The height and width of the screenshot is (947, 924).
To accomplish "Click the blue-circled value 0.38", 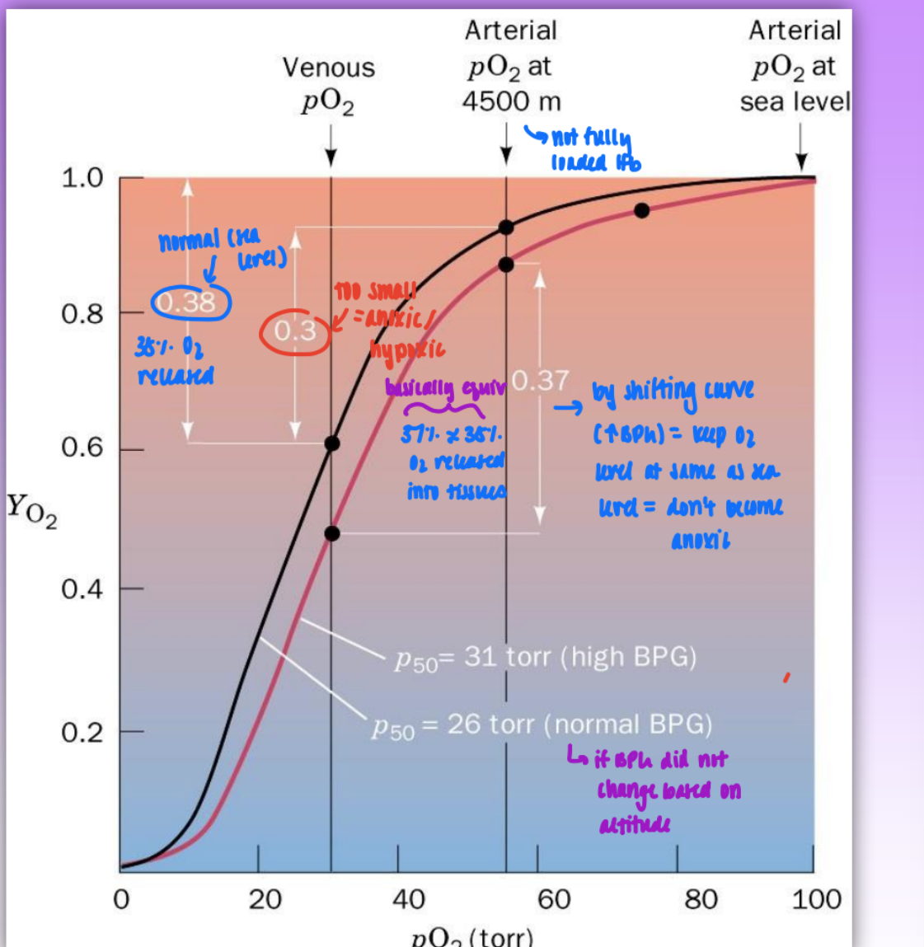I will point(188,302).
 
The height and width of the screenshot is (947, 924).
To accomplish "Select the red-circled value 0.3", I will point(295,331).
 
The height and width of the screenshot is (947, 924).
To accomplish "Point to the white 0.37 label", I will point(540,380).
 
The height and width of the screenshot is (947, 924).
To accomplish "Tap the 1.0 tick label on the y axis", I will point(82,177).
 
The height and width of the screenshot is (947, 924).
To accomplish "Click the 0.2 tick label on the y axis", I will point(82,732).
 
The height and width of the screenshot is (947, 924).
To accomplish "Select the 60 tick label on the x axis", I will point(554,899).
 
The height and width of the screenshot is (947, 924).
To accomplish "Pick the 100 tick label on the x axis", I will point(816,899).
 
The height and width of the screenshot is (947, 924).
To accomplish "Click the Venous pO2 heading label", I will point(328,83).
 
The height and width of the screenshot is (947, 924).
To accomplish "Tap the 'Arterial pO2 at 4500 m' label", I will point(511,66).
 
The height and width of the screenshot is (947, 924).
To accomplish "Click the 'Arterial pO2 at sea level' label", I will point(795,66).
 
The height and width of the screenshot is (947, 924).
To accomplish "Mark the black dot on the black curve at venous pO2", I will point(331,443).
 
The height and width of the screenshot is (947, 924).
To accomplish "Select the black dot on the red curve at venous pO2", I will point(331,533).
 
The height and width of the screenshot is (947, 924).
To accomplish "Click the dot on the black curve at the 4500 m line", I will point(506,227).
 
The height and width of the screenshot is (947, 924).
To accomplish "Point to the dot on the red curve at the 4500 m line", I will point(506,265).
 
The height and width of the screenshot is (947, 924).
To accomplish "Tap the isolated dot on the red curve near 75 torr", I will point(641,211).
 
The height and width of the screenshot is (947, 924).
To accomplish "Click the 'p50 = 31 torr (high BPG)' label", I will point(545,658).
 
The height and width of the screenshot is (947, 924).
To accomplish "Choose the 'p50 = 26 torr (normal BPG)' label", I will point(542,725).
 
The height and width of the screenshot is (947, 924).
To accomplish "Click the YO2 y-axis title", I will point(32,510).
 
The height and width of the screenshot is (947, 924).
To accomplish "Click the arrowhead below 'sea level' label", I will point(801,162).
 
